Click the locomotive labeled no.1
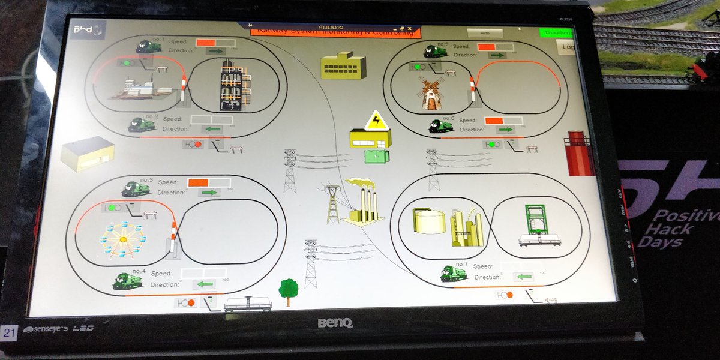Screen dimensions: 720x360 tap(148, 46)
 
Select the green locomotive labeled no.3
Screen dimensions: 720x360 tap(135, 189)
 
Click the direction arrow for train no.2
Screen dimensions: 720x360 tap(211, 129)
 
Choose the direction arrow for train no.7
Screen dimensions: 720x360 tap(523, 277)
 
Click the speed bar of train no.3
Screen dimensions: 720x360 tap(208, 182)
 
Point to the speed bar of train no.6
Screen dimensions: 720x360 tap(503, 121)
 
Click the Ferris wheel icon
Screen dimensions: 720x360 tap(122, 238)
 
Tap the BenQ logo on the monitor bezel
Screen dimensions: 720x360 tap(335, 323)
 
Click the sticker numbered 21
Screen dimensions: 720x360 tap(9, 332)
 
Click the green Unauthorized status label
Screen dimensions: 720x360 tap(556, 32)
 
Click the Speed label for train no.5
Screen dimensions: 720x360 tap(461, 46)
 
